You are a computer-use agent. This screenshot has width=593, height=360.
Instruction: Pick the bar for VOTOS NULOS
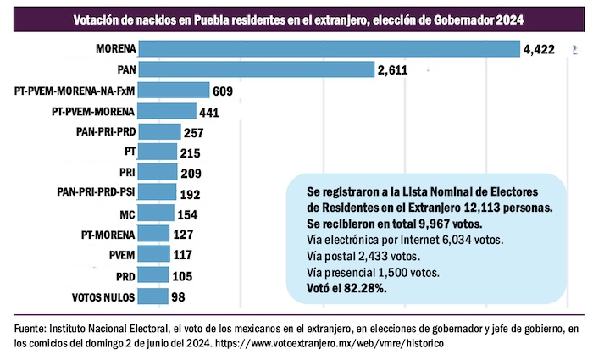[154, 296]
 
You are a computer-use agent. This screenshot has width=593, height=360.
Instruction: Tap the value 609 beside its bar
[224, 91]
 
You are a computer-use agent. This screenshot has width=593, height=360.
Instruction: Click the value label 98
[178, 296]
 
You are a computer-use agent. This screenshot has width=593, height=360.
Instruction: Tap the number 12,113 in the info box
[488, 208]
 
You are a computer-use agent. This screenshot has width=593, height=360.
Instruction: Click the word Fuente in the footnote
[32, 329]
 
